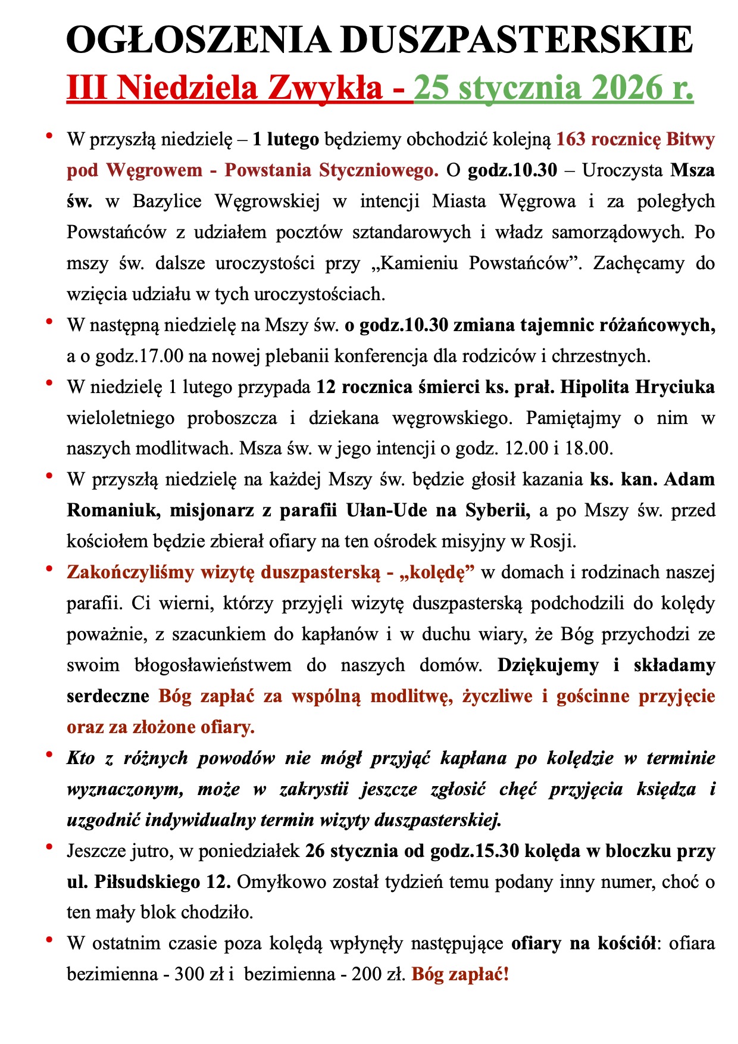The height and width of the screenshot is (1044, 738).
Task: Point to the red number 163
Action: click(x=571, y=139)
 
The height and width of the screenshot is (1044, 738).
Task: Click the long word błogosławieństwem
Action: click(x=213, y=665)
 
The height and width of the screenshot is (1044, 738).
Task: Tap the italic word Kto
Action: click(x=81, y=758)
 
